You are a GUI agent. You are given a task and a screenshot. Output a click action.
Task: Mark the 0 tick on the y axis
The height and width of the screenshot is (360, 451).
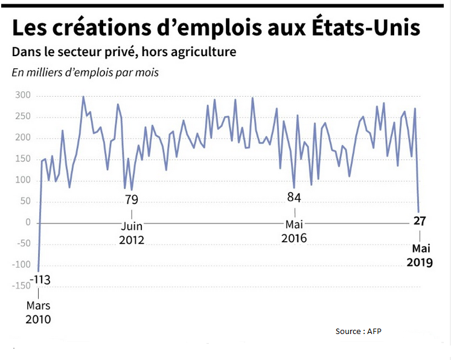27,223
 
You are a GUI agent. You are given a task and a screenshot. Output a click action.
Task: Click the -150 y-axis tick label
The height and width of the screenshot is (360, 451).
19,286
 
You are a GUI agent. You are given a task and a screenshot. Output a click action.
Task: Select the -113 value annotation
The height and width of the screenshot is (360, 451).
39,280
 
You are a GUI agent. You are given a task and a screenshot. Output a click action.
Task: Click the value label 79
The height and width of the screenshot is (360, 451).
132,200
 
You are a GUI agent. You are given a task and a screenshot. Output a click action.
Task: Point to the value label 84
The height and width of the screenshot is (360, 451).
294,198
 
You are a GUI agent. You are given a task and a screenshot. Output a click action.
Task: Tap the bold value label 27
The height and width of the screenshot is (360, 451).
420,221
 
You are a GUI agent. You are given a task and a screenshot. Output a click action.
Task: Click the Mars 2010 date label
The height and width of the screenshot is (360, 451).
39,312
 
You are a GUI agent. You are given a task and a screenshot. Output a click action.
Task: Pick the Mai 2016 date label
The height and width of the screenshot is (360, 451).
294,232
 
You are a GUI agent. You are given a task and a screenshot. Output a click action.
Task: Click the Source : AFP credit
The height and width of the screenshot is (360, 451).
358,331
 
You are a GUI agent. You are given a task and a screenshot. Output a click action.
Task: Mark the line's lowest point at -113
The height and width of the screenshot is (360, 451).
38,271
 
